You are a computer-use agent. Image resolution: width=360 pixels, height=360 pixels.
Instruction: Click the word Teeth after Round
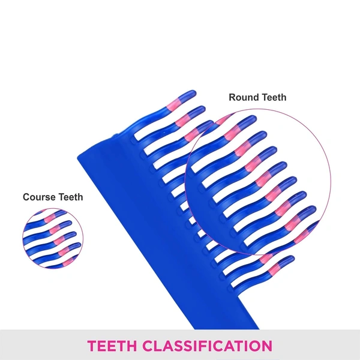pyautogui.click(x=274, y=97)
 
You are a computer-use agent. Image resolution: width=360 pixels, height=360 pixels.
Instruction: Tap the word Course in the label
pyautogui.click(x=39, y=197)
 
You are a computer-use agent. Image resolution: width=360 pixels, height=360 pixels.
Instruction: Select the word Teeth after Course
pyautogui.click(x=71, y=197)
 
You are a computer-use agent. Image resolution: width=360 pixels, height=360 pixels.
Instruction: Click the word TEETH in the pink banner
pyautogui.click(x=112, y=346)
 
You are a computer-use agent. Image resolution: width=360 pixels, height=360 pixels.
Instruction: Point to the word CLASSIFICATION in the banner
pyautogui.click(x=208, y=346)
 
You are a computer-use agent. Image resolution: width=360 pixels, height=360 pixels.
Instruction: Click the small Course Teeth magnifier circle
pyautogui.click(x=53, y=238)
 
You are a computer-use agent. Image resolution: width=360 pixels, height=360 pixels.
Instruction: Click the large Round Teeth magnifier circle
pyautogui.click(x=257, y=182)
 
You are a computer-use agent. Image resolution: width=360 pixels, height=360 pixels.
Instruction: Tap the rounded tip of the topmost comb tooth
pyautogui.click(x=193, y=93)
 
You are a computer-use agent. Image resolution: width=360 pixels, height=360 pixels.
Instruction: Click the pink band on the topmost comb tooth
pyautogui.click(x=173, y=104)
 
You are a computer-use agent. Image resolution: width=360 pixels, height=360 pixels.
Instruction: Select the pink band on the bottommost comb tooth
pyautogui.click(x=274, y=269)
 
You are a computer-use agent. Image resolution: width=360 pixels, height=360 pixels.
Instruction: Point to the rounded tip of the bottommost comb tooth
pyautogui.click(x=291, y=259)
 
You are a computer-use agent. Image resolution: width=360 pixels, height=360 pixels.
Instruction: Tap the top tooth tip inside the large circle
pyautogui.click(x=252, y=119)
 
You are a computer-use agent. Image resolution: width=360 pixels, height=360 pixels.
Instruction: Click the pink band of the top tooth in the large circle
pyautogui.click(x=232, y=133)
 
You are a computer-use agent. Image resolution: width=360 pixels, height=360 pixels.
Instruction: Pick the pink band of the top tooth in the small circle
pyautogui.click(x=50, y=218)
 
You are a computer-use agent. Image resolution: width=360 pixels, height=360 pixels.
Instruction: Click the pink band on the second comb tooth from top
pyautogui.click(x=182, y=120)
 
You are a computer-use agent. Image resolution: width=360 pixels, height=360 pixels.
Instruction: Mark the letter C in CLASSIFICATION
pyautogui.click(x=149, y=346)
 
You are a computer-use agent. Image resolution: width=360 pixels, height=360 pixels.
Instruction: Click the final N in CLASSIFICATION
pyautogui.click(x=266, y=346)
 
